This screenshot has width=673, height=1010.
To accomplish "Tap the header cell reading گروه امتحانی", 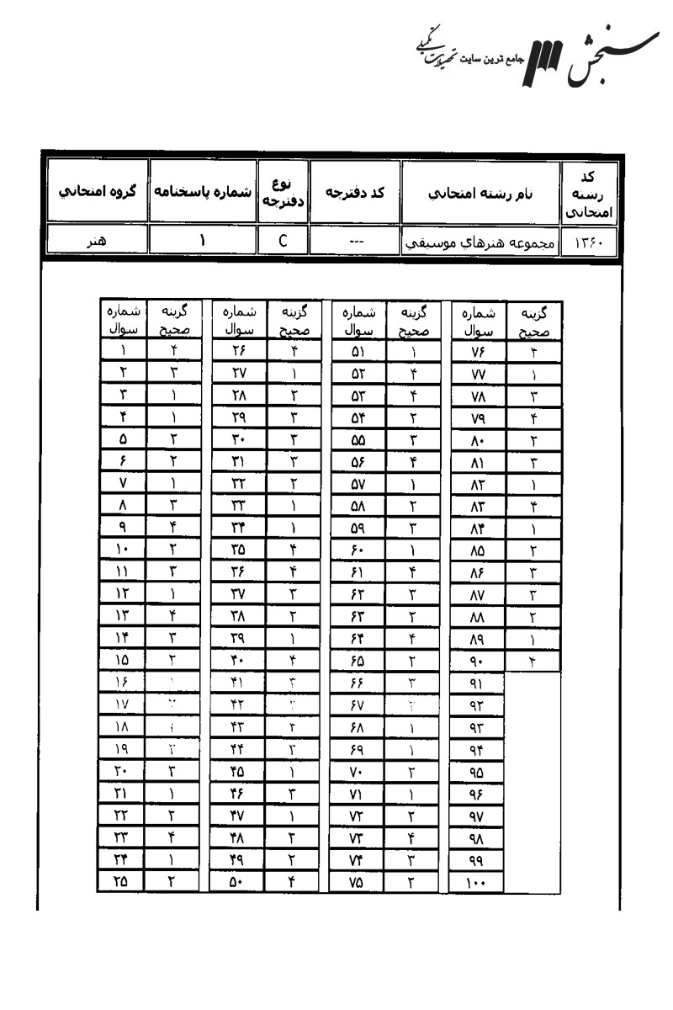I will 94,191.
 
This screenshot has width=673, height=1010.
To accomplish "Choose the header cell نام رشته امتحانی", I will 480,191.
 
